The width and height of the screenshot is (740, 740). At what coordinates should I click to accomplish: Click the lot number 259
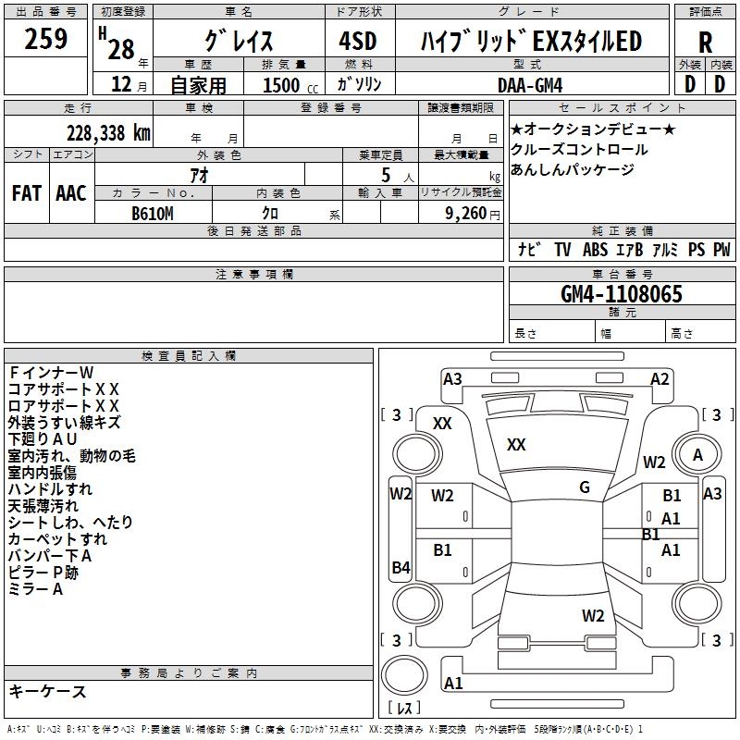(46, 40)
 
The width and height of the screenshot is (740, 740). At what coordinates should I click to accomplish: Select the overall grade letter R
(705, 43)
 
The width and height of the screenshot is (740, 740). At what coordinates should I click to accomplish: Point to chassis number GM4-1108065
(622, 295)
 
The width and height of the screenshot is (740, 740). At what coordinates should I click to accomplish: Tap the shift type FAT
(26, 192)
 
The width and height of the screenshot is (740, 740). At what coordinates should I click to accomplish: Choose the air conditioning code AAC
(71, 192)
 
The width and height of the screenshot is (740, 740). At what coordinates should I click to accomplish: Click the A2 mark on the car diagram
(660, 378)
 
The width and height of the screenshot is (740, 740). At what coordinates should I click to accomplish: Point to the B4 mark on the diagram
(401, 568)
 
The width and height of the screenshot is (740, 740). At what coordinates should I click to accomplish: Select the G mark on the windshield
(585, 487)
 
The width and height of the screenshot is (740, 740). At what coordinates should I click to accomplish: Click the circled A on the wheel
(697, 454)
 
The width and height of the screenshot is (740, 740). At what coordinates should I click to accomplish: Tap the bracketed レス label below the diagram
(404, 709)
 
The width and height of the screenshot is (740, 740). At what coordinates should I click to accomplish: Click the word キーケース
(47, 691)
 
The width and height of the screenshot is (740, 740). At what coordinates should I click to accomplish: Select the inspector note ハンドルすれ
(50, 489)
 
